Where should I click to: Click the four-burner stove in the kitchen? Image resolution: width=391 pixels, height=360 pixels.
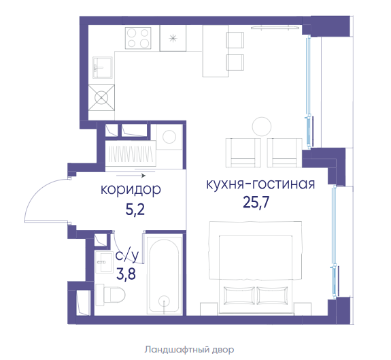point(138,38)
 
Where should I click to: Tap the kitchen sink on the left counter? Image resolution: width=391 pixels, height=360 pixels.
point(103,67)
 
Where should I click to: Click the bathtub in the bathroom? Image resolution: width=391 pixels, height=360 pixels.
point(164,274)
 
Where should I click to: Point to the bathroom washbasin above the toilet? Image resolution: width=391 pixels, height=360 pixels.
point(103,262)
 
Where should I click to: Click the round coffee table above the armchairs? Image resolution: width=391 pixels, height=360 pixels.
point(262,127)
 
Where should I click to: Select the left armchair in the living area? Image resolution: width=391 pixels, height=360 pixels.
point(243,152)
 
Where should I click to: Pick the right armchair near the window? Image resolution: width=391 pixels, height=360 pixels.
point(285,152)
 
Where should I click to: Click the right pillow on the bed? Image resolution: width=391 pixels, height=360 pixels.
point(272,295)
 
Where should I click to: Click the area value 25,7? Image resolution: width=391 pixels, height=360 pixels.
point(256,203)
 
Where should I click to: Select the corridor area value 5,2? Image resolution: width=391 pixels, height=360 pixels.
point(135,210)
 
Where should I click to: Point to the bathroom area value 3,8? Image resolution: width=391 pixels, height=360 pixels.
point(126,274)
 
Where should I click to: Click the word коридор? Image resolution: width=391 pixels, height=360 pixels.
point(131,190)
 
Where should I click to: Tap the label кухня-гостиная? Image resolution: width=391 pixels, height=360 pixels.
point(260,184)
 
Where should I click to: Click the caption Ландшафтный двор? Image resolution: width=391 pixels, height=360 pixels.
point(189,350)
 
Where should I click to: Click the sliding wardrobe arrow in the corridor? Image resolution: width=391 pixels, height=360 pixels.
point(131,176)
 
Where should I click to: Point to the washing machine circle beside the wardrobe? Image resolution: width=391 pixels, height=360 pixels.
point(169,137)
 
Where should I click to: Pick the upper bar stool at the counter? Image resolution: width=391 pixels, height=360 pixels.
point(235,40)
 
